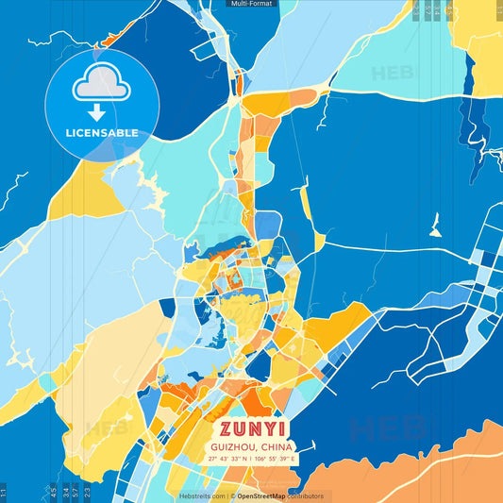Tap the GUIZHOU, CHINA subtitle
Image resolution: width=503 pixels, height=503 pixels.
[x=252, y=446]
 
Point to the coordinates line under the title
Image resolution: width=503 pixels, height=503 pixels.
[x=252, y=459]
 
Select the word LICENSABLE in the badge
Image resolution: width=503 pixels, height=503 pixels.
[x=102, y=132]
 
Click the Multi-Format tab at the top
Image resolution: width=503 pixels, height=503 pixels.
[x=252, y=5]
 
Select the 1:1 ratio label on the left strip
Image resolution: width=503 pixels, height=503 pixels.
[x=4, y=492]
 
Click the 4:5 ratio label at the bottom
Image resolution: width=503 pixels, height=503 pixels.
[x=54, y=492]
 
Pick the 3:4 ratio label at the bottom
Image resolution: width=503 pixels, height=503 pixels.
[x=65, y=492]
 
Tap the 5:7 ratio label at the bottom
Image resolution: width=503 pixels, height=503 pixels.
[x=76, y=492]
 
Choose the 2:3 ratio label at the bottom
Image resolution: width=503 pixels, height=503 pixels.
[x=88, y=492]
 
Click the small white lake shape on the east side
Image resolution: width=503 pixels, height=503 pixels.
[x=435, y=226]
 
